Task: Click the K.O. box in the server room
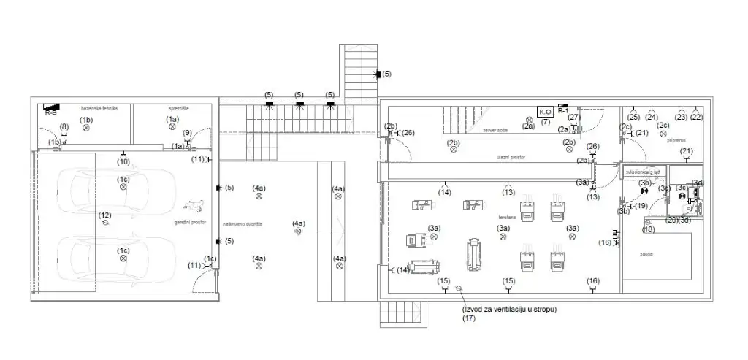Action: (x=545, y=112)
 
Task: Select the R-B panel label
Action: (x=50, y=113)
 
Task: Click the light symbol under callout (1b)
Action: (x=86, y=128)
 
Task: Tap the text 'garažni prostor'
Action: (x=188, y=222)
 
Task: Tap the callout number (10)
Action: (x=123, y=161)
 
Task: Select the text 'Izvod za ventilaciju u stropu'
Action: (x=508, y=309)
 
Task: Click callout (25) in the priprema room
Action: (x=633, y=117)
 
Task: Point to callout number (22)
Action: (x=696, y=117)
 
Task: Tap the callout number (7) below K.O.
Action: (x=545, y=122)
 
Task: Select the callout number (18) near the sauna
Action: (x=649, y=229)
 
